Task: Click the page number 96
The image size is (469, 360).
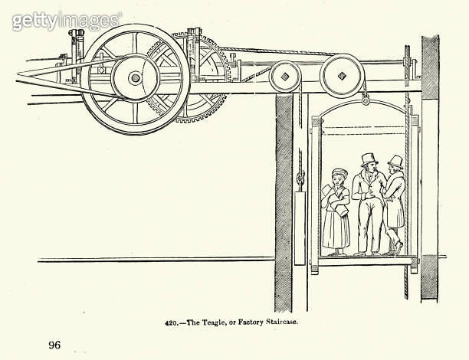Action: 54,345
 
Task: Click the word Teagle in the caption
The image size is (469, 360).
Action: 212,322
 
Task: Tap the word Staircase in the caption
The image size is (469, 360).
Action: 282,322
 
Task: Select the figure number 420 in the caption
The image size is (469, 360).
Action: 172,323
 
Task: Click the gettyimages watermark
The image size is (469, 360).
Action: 67,21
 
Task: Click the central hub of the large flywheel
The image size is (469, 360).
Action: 135,78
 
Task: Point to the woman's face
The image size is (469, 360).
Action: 339,180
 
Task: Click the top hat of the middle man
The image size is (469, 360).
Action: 369,160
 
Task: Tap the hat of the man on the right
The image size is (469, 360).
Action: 395,162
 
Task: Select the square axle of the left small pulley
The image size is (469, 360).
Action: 285,77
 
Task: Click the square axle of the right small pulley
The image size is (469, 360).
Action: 342,76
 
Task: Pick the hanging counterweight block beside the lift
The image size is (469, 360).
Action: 300,228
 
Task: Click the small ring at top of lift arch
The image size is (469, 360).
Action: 366,101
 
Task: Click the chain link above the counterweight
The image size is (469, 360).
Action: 300,178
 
